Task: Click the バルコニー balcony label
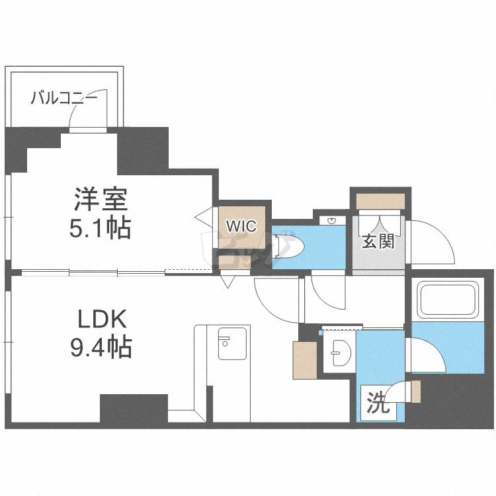(64, 99)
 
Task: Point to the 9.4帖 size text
(101, 347)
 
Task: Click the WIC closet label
(242, 226)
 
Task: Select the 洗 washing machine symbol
(376, 402)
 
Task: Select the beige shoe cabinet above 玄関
(380, 200)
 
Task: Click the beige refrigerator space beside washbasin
(305, 359)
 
